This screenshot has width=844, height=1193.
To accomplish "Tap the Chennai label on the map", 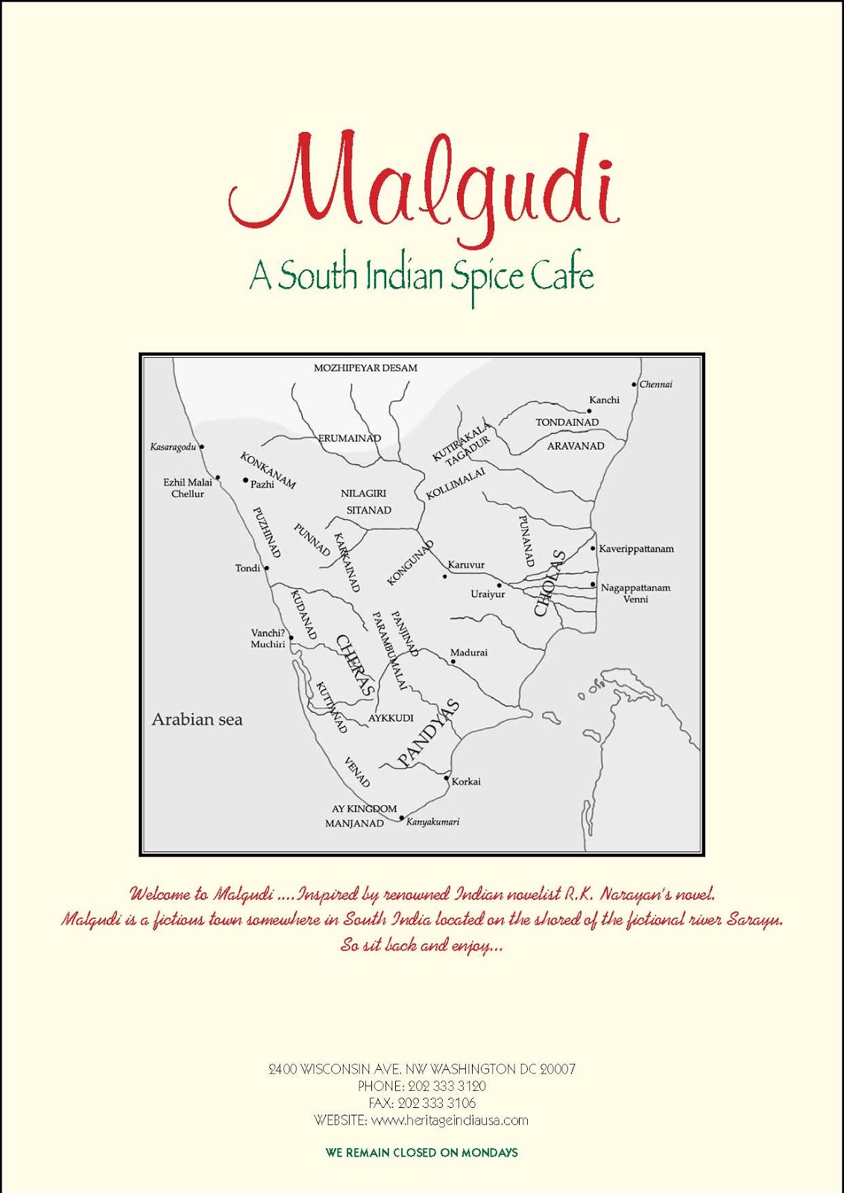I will click(x=656, y=385).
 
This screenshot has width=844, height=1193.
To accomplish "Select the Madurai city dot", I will click(x=453, y=661).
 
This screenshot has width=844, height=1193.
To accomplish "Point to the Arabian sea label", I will click(x=197, y=720).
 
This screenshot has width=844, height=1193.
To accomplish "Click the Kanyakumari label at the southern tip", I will click(x=433, y=822).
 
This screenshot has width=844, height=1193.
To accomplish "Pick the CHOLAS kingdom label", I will click(x=550, y=583).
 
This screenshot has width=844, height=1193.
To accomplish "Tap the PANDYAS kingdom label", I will click(x=429, y=734).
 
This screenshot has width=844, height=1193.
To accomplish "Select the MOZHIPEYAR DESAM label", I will click(x=365, y=368).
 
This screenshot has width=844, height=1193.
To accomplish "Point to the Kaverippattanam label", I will click(x=636, y=549).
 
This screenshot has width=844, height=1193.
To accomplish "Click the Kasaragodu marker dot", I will click(x=202, y=447).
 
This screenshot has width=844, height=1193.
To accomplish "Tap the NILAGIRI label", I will click(x=364, y=494).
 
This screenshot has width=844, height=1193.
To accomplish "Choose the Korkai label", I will click(x=466, y=782).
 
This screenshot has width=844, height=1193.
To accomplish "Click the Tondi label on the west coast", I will click(x=248, y=568).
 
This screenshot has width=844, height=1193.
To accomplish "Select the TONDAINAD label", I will click(x=567, y=423).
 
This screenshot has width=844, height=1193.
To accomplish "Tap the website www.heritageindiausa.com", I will click(x=449, y=1120).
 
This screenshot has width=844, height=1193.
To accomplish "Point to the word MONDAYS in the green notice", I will click(x=489, y=1153).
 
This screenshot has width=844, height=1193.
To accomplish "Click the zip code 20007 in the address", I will click(x=557, y=1069).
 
